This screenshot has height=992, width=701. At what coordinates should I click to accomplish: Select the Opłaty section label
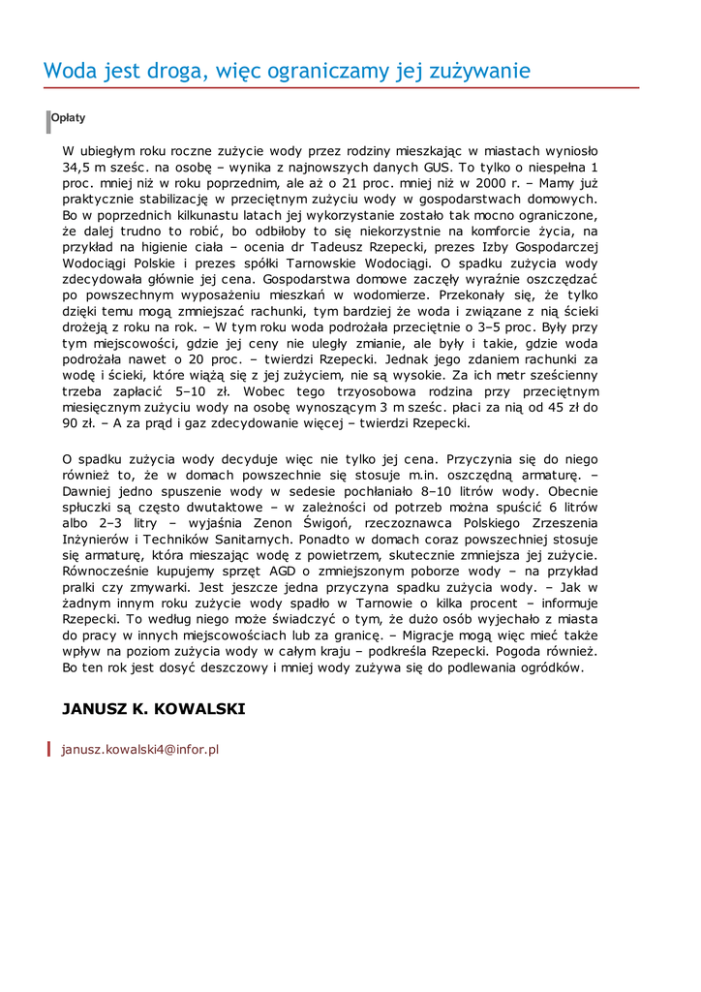tap(68, 118)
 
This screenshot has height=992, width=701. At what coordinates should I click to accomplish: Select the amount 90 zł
tap(76, 423)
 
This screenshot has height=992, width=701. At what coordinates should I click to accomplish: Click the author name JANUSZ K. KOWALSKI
tap(154, 709)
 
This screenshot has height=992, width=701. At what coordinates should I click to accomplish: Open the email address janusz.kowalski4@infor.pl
tap(140, 749)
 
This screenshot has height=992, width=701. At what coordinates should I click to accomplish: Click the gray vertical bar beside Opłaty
tap(47, 122)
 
